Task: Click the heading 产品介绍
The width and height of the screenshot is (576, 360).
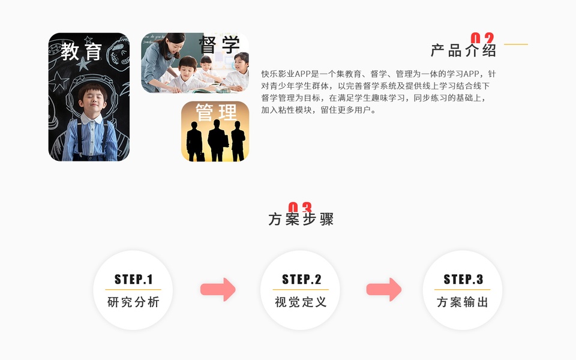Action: [x=463, y=50]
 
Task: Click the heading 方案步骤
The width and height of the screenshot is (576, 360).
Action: [x=301, y=219]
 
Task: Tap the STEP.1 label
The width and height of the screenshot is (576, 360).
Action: [x=133, y=279]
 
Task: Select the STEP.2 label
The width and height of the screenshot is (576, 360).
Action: [x=301, y=279]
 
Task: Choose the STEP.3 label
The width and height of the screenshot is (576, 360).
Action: [x=463, y=279]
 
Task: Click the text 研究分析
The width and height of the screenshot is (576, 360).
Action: [x=133, y=302]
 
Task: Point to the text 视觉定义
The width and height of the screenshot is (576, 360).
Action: [x=301, y=302]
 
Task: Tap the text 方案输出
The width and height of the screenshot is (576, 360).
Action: [x=463, y=302]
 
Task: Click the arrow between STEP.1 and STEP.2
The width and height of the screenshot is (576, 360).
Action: [x=218, y=289]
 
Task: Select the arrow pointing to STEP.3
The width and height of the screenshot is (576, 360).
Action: [x=384, y=289]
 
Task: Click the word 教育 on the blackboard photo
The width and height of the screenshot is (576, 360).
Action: [x=82, y=51]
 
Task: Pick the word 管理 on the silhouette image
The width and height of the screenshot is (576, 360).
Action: [x=216, y=112]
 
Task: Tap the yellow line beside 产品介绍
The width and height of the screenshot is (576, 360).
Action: [x=515, y=44]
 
